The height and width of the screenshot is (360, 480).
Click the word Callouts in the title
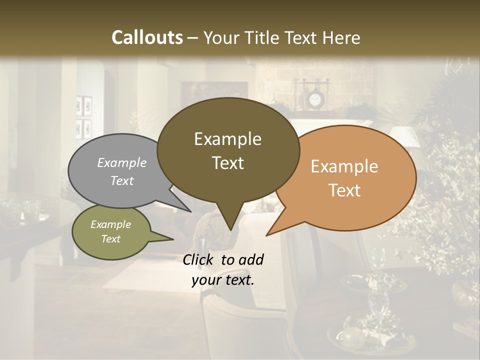pos(147,37)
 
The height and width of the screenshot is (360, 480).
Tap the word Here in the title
pos(341,37)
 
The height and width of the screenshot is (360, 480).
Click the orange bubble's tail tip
pos(267,235)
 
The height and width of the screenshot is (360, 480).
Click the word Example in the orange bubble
pos(344,166)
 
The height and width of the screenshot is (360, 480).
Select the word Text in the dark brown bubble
pos(228,163)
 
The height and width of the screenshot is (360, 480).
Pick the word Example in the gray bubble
pos(122,162)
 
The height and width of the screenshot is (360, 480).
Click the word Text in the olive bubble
pos(111,239)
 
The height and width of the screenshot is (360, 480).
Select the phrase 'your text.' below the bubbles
pos(223,280)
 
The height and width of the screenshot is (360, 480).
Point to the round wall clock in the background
pos(314,100)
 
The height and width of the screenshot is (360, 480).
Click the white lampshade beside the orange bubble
pos(405,136)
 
